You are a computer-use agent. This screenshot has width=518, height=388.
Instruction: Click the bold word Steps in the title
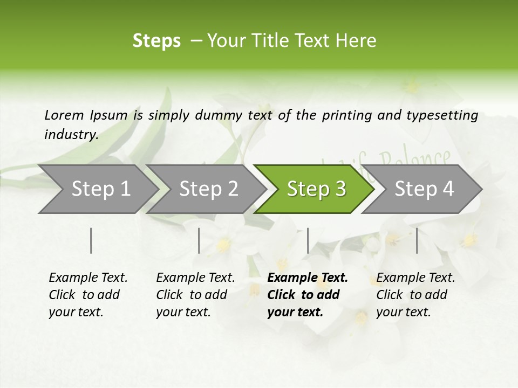pos(156,41)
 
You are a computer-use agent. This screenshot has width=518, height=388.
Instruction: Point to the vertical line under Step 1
pos(91,240)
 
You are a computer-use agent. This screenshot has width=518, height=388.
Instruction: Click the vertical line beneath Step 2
pos(199,240)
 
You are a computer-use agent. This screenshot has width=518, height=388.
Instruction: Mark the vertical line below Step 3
pos(308,240)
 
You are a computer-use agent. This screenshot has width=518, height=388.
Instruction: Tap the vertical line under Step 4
pos(417,240)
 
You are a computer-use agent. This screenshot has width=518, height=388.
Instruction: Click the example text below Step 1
pos(88,295)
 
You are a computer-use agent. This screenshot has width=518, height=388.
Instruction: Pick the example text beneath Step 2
pos(195,295)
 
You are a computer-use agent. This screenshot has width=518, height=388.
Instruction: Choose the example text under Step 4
pos(415,295)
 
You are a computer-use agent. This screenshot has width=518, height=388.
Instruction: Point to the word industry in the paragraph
pos(71,134)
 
